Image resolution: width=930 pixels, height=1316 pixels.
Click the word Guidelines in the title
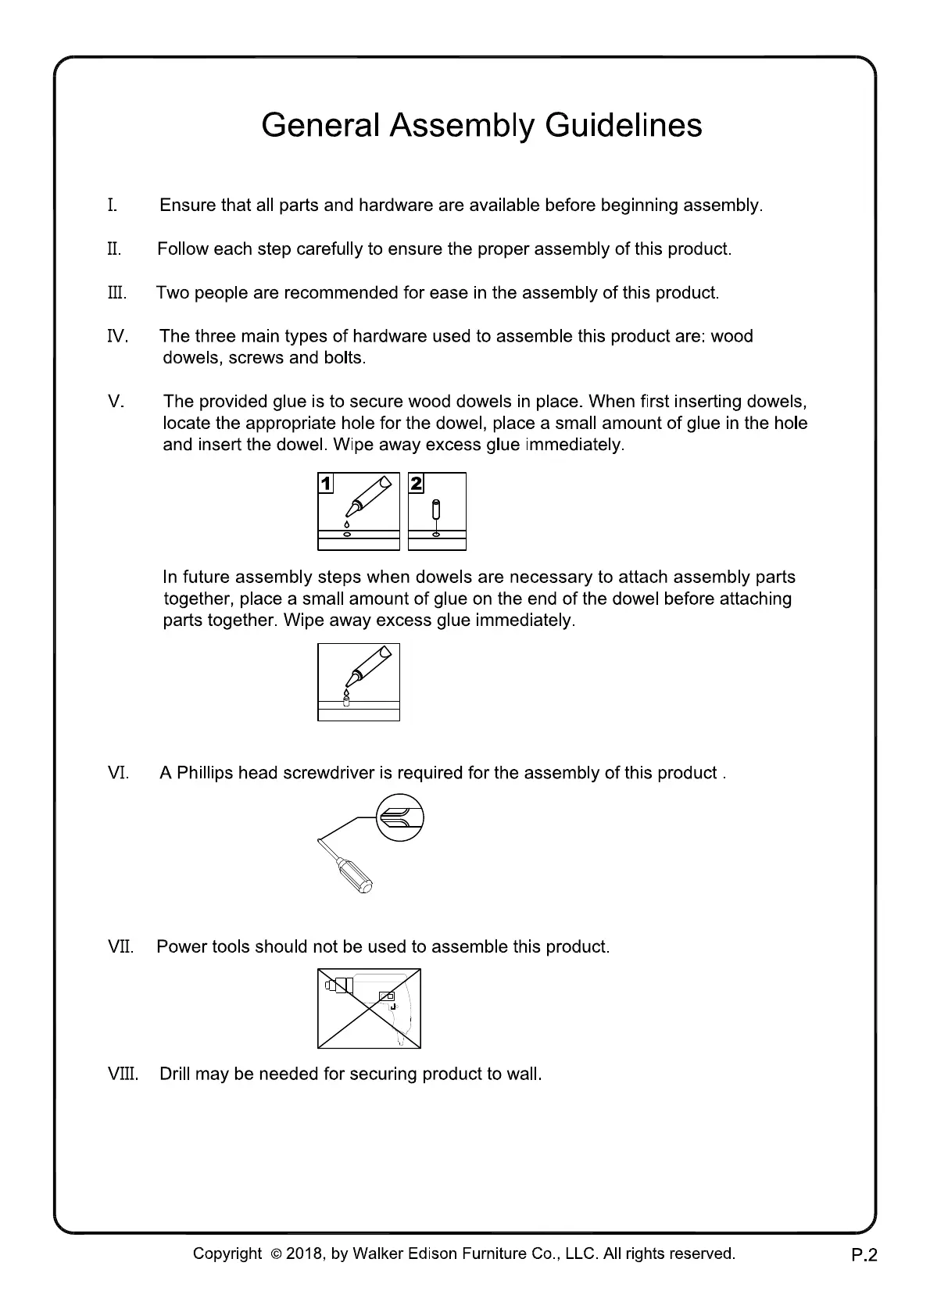click(623, 126)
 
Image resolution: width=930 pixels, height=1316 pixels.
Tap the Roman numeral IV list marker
click(117, 337)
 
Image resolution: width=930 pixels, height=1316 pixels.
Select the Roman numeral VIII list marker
click(123, 1074)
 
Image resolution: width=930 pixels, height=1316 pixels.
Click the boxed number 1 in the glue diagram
click(326, 484)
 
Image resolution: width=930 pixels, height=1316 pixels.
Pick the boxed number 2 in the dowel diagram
click(417, 484)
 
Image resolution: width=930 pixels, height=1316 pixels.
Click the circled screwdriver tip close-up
click(400, 817)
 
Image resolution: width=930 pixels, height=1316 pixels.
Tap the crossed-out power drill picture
click(369, 1009)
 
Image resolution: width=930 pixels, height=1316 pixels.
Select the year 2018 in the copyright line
click(304, 1254)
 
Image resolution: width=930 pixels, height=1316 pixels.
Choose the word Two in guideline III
click(172, 293)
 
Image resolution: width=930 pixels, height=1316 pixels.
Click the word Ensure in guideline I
click(188, 206)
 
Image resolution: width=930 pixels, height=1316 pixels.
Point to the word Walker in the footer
click(378, 1254)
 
